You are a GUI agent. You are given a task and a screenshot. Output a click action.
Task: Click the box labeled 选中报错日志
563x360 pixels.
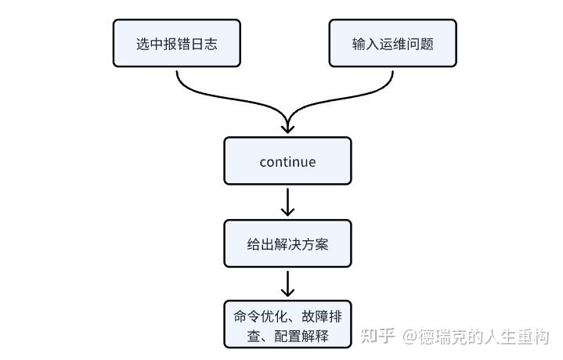[177, 43]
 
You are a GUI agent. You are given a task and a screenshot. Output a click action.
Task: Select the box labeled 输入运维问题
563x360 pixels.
[393, 43]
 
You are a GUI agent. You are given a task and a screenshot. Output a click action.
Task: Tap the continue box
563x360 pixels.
[287, 161]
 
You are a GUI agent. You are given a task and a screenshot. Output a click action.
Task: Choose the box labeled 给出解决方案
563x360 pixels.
[287, 243]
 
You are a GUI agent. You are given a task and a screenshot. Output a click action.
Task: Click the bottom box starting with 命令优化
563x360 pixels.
[287, 325]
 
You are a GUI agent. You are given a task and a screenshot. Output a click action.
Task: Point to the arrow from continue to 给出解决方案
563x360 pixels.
[287, 203]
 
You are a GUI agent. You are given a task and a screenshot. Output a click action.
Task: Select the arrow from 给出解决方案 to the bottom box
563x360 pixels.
[287, 284]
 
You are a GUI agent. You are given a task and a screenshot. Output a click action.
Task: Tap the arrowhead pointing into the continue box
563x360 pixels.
[287, 129]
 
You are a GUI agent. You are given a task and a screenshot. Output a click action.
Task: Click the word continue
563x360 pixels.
[287, 162]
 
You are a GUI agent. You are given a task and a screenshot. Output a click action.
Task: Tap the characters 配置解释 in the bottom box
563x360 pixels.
[301, 337]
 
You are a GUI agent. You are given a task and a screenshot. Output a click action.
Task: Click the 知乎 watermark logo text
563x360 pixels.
[377, 337]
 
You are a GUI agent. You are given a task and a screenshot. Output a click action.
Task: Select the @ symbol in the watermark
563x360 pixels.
[410, 337]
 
